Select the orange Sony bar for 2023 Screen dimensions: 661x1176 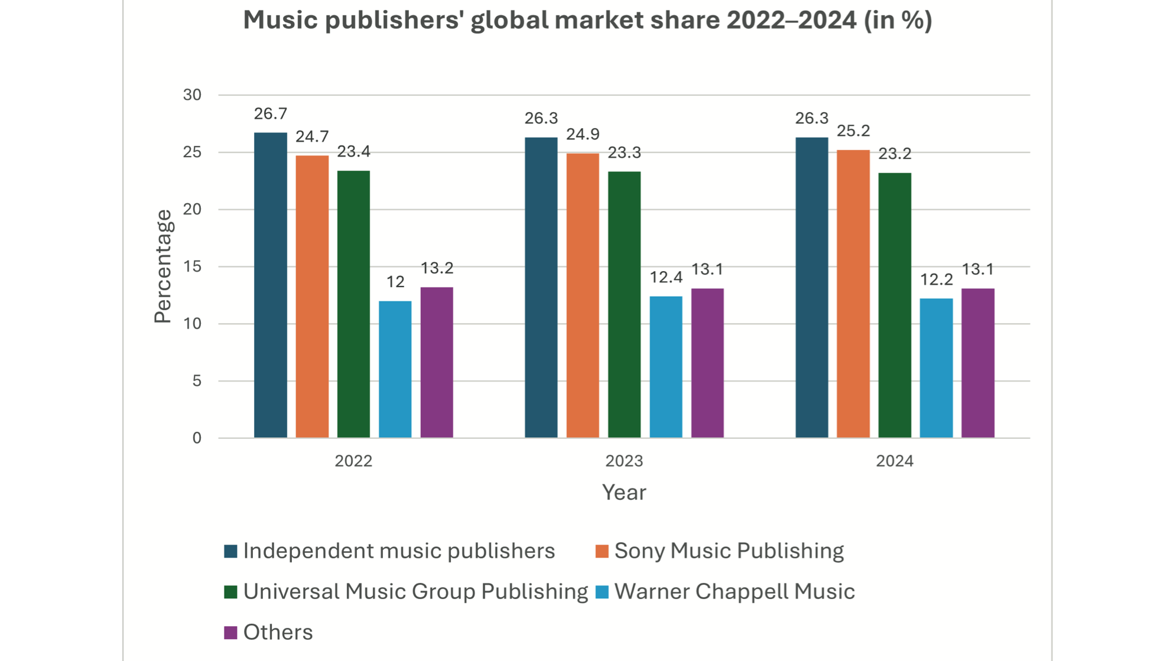tap(582, 295)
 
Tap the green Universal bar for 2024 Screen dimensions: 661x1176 tap(894, 305)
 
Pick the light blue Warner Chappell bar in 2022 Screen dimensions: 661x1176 tap(395, 369)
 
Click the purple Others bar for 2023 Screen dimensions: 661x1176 tap(707, 363)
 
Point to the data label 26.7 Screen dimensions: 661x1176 tap(270, 113)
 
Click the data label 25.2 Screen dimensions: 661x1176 tap(853, 131)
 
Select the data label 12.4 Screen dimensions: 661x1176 tap(665, 277)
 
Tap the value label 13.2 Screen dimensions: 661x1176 tap(437, 268)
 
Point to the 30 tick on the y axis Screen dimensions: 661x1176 tap(192, 95)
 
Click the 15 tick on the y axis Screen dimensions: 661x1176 tap(192, 267)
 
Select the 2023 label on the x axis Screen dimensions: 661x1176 tap(623, 461)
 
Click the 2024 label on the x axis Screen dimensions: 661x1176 tap(894, 461)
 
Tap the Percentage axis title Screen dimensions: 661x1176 tap(163, 266)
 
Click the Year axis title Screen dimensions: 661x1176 tap(623, 492)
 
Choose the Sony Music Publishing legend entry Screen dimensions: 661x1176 tap(728, 551)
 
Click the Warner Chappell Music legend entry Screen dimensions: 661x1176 tap(734, 591)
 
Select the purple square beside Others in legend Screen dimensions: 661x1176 tap(230, 633)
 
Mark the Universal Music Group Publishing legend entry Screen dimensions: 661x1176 tap(415, 591)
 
